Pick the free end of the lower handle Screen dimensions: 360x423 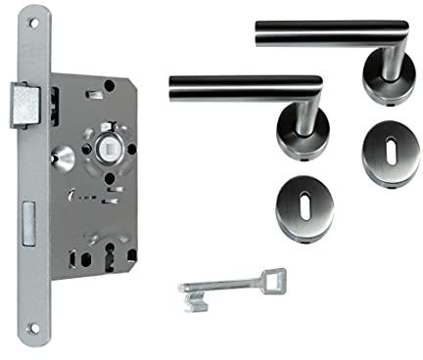174,88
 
